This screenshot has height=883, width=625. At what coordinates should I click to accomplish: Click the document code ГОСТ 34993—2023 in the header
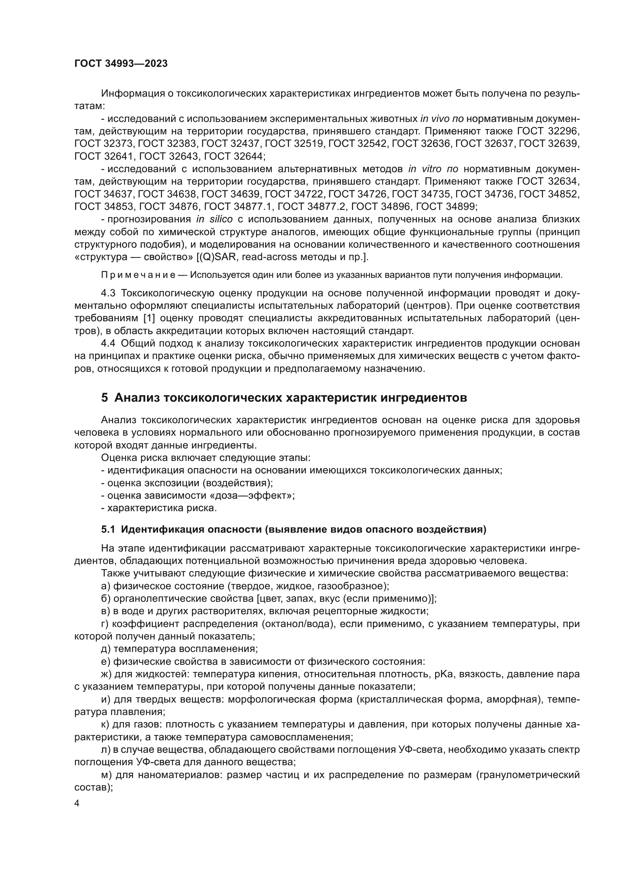click(121, 64)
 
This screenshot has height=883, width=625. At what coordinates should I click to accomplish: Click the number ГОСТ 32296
click(548, 131)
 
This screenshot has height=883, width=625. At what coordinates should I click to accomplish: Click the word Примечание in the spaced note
click(138, 275)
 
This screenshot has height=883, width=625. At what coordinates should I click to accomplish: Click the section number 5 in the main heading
click(104, 398)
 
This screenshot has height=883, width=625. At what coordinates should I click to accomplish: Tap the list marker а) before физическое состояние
click(105, 586)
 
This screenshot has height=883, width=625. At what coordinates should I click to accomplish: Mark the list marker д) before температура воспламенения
click(106, 649)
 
